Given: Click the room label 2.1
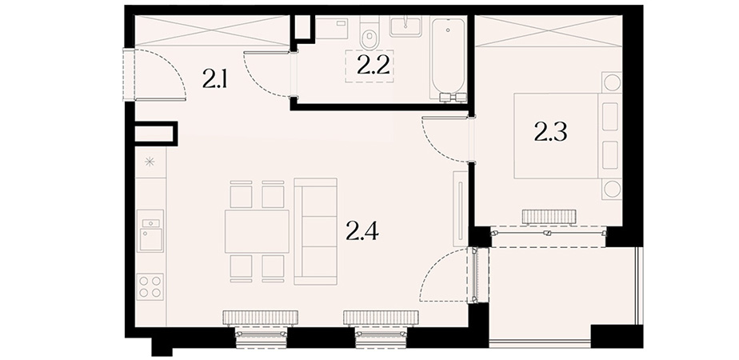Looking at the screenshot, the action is point(215,78).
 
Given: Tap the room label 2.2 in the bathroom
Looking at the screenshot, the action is point(373,66).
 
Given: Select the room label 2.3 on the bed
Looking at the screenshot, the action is point(550,132).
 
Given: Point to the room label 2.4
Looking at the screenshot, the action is point(362,230).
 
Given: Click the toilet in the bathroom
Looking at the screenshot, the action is point(369,33).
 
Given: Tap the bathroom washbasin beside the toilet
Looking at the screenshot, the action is point(405,26).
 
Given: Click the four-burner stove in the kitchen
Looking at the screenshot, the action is point(150,286).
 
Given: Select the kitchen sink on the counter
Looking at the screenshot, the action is point(150,231).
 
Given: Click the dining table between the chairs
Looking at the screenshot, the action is point(257,231).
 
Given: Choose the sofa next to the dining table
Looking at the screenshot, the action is point(315,231).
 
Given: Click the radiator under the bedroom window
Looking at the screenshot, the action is point(549,218).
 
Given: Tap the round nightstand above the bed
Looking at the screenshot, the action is point(612,82).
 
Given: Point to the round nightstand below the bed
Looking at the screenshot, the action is point(612,190).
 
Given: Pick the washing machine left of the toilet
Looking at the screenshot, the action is point(331,27).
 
